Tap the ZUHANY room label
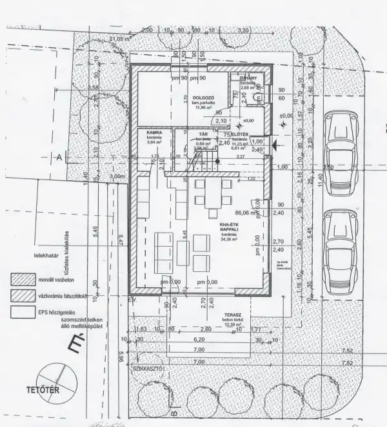click(x=248, y=78)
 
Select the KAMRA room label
click(x=154, y=132)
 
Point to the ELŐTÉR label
click(x=240, y=134)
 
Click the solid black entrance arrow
click(x=274, y=145)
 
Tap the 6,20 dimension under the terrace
click(x=199, y=339)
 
